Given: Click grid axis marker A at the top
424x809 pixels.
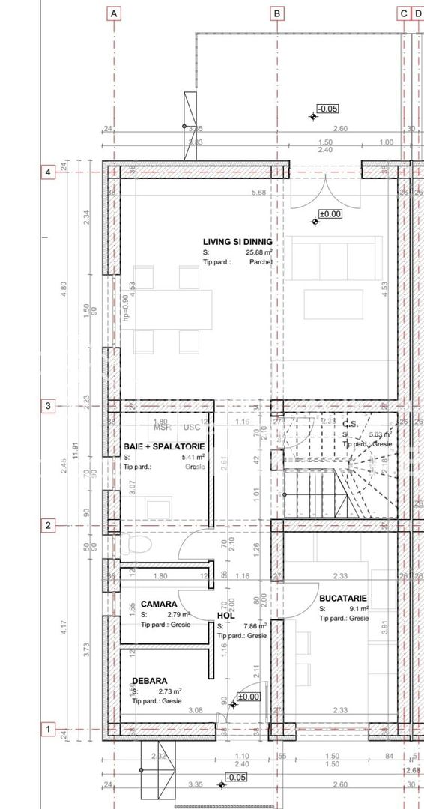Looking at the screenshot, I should [114, 13].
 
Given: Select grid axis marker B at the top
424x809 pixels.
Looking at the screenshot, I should [277, 13].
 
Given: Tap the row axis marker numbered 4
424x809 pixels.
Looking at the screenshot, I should [48, 172].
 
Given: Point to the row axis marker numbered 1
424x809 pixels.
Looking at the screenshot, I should [48, 729].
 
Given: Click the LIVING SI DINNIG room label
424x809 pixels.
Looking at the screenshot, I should [237, 242].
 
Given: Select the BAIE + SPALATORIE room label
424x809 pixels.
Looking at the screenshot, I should [164, 446].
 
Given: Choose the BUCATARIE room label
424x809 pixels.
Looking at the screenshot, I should [342, 599].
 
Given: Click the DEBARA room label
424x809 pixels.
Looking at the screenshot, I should [150, 682].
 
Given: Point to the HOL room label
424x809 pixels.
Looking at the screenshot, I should [226, 615].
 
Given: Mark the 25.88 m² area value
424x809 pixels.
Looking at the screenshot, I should [259, 253].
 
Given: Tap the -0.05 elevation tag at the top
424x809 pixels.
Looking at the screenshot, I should [327, 109].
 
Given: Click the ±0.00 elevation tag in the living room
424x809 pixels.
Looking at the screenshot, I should [330, 213].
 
